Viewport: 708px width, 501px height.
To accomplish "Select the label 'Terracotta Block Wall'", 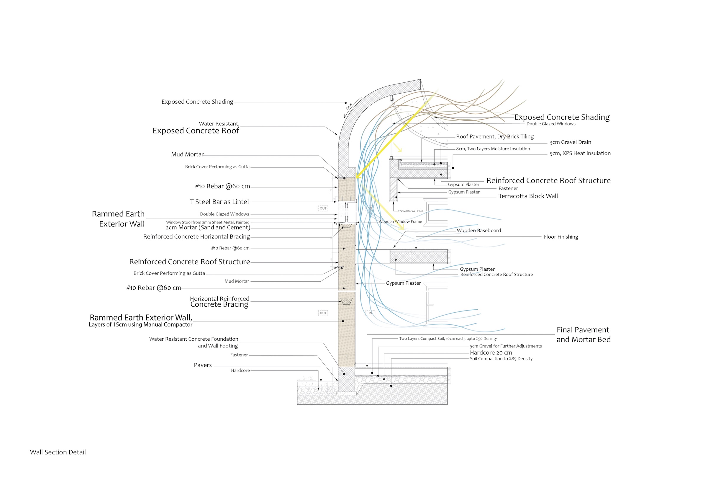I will [528, 196].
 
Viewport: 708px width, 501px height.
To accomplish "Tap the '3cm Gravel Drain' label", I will [570, 142].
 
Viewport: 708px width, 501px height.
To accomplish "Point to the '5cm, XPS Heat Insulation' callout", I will [580, 154].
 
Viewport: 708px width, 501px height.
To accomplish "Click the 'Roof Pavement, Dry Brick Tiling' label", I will [495, 136].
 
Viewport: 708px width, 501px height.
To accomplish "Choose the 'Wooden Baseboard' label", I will [478, 231].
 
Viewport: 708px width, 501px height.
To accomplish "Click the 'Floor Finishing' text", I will [560, 237].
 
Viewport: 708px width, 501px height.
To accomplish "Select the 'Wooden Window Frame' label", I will [400, 222].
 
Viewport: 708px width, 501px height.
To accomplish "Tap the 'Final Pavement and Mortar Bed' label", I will [583, 334].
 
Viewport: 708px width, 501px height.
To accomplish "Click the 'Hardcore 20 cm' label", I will [491, 353].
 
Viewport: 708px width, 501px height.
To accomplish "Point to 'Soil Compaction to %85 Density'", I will [501, 359].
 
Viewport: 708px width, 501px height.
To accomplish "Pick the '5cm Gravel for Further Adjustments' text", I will [506, 346].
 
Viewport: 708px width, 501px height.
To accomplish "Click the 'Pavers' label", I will [203, 365].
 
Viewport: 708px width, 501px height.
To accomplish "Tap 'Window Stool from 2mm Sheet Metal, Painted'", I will [207, 222].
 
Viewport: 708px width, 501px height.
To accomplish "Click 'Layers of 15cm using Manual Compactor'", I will [140, 325].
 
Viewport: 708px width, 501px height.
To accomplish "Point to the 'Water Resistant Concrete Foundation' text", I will [194, 339].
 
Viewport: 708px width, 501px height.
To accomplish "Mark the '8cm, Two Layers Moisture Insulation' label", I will [493, 149].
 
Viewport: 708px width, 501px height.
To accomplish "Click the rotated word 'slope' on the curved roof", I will [349, 107].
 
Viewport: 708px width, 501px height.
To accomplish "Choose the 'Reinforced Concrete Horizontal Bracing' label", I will [196, 237].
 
